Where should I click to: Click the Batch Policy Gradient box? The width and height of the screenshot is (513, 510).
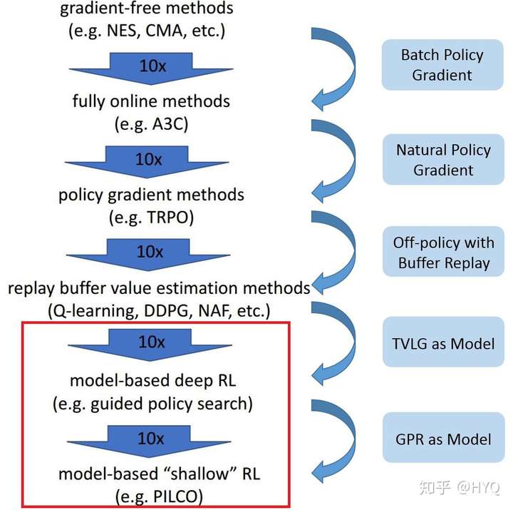click(x=442, y=65)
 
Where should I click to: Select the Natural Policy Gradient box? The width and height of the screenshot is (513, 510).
click(x=443, y=160)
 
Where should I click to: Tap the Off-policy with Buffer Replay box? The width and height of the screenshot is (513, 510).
click(x=443, y=252)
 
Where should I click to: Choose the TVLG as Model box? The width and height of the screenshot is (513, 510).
click(x=443, y=342)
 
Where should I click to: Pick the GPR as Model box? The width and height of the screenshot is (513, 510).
click(x=443, y=438)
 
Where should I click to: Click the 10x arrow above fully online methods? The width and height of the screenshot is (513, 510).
click(x=151, y=68)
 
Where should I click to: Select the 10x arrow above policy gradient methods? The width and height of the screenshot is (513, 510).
click(x=147, y=162)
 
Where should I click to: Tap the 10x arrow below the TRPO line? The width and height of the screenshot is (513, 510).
click(x=148, y=255)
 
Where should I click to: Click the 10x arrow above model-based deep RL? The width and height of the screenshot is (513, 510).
click(x=150, y=345)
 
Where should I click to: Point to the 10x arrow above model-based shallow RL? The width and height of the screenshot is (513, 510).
click(x=149, y=442)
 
